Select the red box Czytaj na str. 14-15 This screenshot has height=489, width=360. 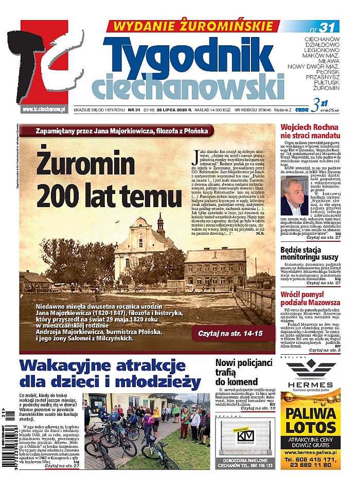[x=230, y=334]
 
